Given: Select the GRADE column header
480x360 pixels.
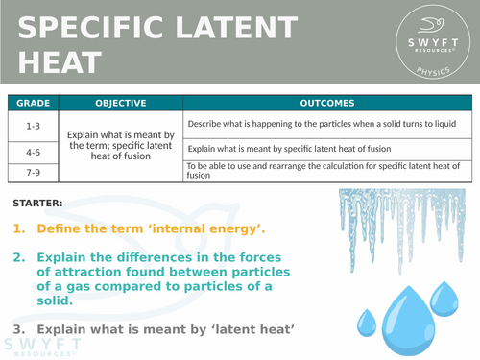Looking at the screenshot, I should (x=32, y=103).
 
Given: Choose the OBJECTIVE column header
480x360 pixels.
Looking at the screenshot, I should (x=120, y=103).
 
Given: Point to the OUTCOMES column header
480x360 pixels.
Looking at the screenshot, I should (x=326, y=103).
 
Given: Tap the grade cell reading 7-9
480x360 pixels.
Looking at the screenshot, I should (x=32, y=171).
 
